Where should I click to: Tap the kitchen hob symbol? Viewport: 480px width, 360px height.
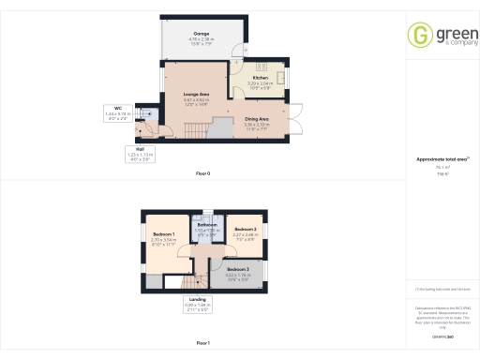point(278,69)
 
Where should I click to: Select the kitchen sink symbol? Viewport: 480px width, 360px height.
point(258,68)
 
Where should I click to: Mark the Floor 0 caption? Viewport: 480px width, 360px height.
point(202,174)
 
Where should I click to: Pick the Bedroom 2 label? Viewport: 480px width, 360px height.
point(246,232)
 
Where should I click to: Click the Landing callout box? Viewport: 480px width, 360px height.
point(196,305)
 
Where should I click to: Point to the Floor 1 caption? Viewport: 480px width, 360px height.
point(202,344)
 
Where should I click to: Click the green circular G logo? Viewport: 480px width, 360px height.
point(418,36)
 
